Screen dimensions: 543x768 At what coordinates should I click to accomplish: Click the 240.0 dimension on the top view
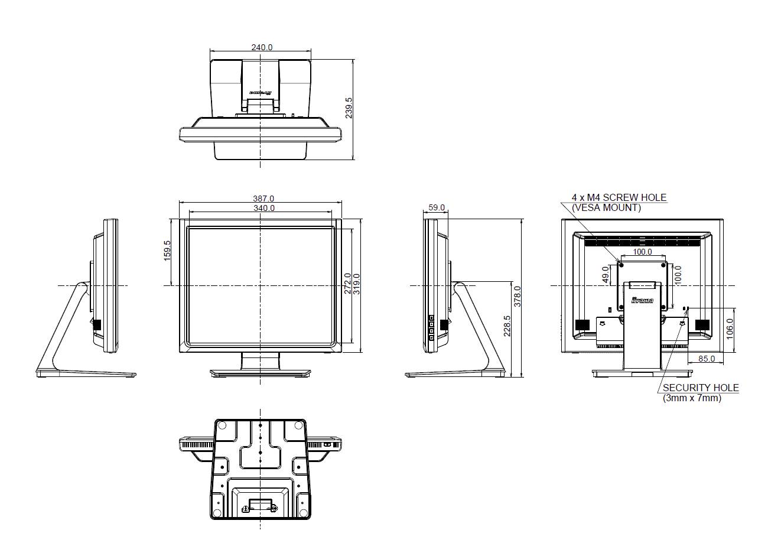click(262, 47)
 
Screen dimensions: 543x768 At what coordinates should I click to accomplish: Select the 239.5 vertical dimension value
click(349, 108)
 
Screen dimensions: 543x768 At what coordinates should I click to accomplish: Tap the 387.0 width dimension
click(263, 199)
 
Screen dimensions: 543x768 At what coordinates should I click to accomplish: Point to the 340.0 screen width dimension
click(263, 208)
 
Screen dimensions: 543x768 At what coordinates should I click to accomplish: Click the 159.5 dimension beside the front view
click(167, 251)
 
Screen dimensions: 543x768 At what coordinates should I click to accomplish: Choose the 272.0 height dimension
click(348, 283)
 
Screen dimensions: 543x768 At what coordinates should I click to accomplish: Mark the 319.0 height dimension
click(356, 283)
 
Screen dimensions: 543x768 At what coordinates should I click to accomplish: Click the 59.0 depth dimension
click(437, 208)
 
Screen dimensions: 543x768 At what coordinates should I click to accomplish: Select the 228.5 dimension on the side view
click(507, 326)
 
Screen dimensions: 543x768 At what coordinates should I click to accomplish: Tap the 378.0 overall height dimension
click(518, 297)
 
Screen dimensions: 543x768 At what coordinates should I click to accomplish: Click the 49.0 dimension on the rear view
click(606, 275)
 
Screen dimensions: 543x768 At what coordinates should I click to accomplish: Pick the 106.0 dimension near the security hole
click(730, 329)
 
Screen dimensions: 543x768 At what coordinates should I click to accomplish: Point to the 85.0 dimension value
click(707, 359)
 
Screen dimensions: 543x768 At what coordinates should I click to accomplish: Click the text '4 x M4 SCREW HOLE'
click(619, 198)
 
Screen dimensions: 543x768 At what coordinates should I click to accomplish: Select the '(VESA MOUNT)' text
click(606, 207)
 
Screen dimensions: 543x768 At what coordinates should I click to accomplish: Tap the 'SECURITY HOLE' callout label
click(700, 388)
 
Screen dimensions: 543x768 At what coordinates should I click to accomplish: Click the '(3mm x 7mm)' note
click(692, 398)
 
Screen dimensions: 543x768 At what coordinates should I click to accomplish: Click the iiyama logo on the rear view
click(642, 300)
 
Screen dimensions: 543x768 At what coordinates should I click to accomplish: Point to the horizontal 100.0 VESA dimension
click(642, 252)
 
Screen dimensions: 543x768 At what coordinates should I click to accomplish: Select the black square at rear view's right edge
click(702, 325)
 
